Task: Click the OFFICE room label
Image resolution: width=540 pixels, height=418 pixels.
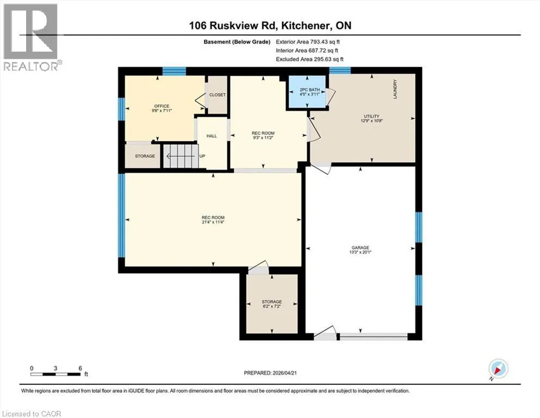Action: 162,106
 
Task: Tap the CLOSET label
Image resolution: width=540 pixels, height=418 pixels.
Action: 218,95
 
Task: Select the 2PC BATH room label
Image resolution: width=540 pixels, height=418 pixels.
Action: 309,90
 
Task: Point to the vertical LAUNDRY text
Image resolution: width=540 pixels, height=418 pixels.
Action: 395,89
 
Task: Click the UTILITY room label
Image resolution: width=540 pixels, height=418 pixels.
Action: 371,116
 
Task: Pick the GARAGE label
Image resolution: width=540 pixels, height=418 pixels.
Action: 360,248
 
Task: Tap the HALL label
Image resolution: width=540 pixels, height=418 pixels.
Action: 212,136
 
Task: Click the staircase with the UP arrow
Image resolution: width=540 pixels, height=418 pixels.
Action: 181,156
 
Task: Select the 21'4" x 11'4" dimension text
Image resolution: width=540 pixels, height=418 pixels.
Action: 213,222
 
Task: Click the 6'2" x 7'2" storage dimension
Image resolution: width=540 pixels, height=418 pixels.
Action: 272,306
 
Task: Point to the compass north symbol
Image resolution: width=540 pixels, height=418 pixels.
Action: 498,368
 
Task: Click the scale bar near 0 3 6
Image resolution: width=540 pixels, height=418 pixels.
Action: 55,374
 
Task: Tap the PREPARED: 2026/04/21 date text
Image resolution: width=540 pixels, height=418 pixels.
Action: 270,373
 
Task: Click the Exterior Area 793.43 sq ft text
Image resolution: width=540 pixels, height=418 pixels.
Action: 308,42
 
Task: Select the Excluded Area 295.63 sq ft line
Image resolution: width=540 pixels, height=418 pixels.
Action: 309,59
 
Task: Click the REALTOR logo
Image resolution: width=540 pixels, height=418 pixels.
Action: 32,37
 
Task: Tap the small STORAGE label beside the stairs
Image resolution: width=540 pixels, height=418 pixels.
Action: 145,156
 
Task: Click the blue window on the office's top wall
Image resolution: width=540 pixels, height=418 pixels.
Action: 174,71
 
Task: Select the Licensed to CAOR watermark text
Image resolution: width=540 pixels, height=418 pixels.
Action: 32,414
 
